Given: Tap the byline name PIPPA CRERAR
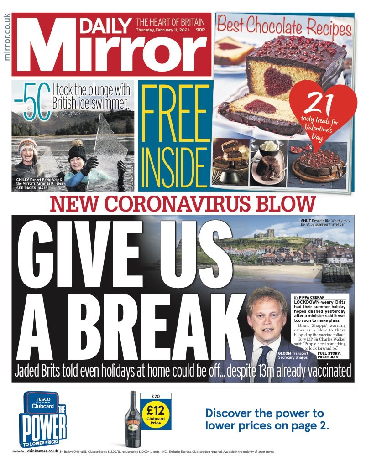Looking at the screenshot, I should pos(315,297).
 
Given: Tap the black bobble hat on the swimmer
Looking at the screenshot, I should pos(76,151).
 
